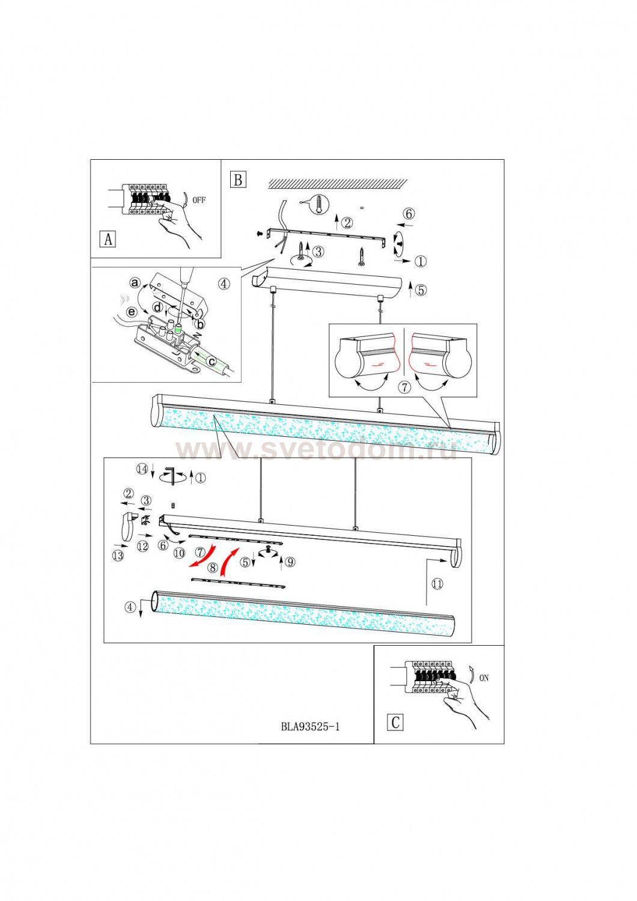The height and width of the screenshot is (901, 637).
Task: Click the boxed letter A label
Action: coord(108,239)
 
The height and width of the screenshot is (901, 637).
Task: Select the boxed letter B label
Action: coord(238,179)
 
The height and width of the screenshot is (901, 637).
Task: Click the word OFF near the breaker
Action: coord(199,201)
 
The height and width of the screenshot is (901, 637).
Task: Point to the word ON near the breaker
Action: coord(484,678)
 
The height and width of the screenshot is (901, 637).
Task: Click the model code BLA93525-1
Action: coord(310,726)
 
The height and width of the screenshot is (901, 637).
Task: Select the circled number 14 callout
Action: coord(142,469)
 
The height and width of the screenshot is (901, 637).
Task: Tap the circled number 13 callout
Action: coord(118,556)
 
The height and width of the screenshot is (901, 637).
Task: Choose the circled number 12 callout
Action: coord(142,546)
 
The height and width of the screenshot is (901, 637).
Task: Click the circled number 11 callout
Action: coord(437,584)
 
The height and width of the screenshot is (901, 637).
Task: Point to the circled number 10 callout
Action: coord(179,553)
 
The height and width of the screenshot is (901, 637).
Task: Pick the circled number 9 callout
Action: coord(290,562)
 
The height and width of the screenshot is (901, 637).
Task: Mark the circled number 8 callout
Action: coord(212,567)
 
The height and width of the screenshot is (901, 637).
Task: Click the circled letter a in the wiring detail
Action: coord(135,282)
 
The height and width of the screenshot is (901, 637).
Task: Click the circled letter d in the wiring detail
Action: coord(157,308)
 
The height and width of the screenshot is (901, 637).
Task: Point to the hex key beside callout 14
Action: coord(174,476)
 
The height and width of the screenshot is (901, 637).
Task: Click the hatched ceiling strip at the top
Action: coord(338,183)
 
